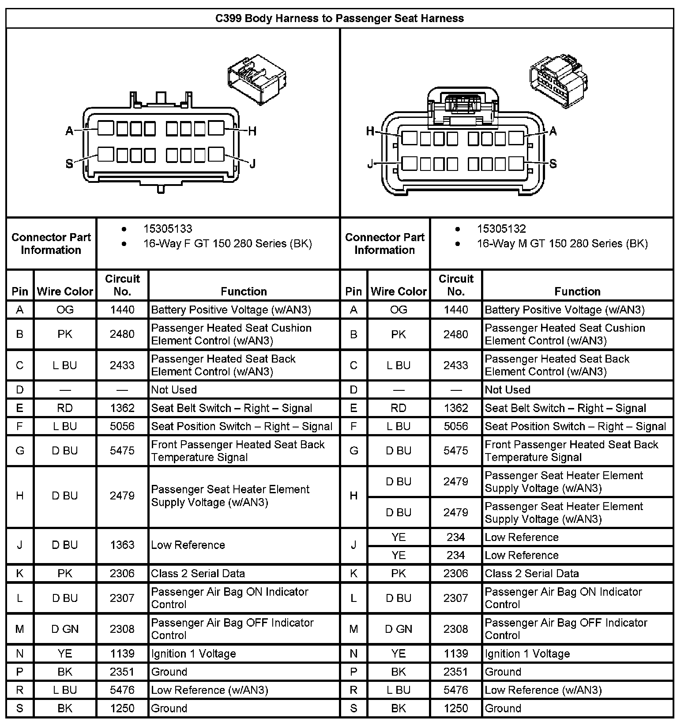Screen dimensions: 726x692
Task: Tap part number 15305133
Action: coord(167,229)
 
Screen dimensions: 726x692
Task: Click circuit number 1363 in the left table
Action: coord(122,545)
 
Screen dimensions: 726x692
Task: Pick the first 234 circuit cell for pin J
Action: coord(455,537)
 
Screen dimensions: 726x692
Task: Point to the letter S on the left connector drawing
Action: coord(69,164)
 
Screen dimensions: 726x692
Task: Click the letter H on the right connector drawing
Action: coord(370,131)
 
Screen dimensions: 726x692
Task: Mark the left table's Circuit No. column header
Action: coord(122,285)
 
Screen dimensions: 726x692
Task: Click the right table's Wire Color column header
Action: coord(399,291)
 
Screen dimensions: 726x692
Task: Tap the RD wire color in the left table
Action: coord(65,408)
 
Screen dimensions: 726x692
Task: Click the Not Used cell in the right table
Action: coord(507,390)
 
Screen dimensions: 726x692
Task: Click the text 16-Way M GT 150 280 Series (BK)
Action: coord(562,243)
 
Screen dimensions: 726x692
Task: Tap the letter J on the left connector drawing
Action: coord(252,164)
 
